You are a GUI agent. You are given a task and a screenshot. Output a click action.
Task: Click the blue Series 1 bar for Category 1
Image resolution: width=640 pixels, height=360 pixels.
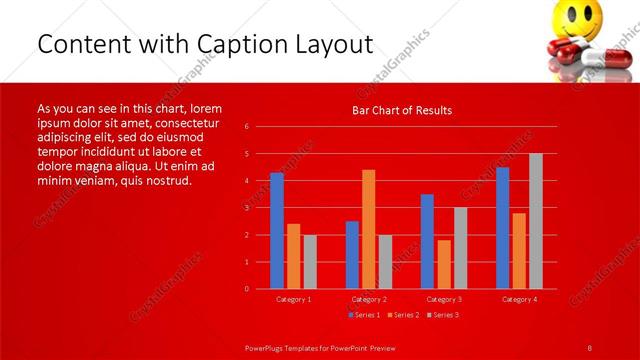[x=277, y=231]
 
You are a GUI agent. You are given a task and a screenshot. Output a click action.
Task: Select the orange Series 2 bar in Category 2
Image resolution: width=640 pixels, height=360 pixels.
[x=369, y=229]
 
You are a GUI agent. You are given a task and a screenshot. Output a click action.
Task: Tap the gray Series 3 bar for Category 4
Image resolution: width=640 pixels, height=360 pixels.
[x=536, y=221]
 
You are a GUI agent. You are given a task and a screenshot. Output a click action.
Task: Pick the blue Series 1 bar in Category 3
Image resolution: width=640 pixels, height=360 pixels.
[x=427, y=241]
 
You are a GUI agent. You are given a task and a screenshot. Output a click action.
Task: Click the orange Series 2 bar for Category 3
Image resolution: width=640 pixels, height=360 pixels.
[x=444, y=264]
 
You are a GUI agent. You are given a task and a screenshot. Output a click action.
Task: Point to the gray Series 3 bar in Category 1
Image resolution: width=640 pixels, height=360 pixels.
[x=310, y=262]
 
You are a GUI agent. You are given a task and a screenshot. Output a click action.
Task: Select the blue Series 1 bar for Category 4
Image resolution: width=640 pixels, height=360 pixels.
[x=502, y=228]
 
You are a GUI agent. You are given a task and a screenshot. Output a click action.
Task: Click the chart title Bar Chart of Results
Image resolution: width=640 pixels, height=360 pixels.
[x=402, y=111]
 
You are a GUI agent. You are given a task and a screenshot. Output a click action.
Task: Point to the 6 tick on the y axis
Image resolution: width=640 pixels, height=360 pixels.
[x=246, y=127]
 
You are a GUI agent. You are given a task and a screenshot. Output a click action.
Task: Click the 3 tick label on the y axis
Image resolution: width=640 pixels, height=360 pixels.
[x=246, y=208]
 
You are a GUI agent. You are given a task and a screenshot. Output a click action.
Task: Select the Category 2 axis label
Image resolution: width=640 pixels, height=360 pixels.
[x=369, y=299]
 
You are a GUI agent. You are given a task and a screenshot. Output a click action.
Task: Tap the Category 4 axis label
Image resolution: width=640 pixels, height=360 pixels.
[x=519, y=299]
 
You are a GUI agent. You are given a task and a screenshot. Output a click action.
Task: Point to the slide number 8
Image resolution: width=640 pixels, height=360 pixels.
[x=589, y=346]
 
